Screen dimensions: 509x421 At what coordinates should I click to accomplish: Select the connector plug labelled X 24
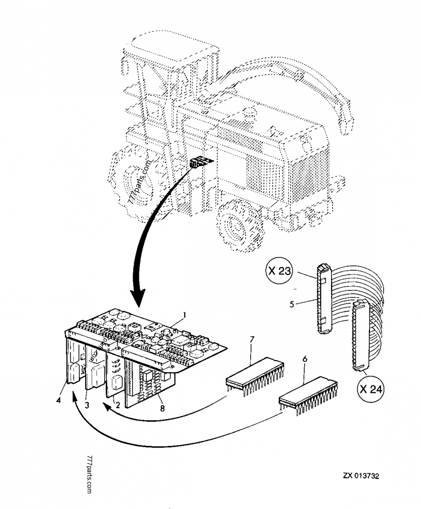360,337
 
